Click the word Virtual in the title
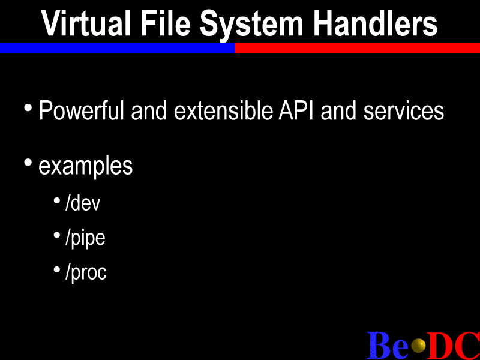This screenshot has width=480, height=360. coord(86,23)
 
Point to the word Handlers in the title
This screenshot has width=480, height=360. coord(376,23)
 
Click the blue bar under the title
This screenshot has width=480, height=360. coord(117,48)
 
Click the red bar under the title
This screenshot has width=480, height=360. coord(357,48)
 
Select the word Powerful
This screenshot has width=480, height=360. coord(82,110)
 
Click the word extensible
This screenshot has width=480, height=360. coord(223,110)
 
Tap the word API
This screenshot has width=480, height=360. coord(296,110)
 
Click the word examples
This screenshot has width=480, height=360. coord(86,167)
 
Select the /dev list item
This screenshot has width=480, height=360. coord(83,203)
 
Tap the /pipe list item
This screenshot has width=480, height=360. coord(85,238)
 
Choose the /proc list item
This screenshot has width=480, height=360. coord(86,272)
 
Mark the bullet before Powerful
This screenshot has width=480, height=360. coord(28,108)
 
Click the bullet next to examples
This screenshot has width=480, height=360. coord(28,163)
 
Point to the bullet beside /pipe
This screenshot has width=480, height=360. coord(56,235)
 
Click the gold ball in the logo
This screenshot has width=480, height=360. coord(418,346)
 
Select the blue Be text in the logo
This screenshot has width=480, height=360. coord(388,345)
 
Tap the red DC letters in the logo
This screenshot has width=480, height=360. coord(454,345)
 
